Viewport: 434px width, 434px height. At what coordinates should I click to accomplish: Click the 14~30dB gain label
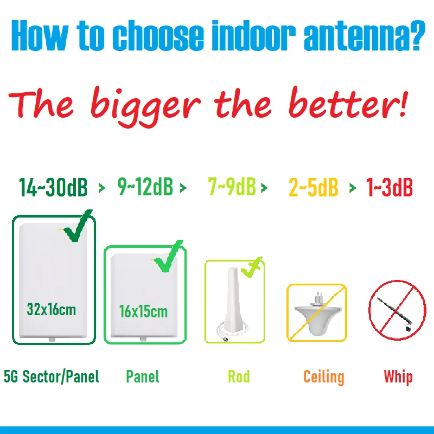53,187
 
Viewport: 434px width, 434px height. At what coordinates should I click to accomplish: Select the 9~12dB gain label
145,187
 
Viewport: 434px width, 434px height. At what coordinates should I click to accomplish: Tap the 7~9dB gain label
232,186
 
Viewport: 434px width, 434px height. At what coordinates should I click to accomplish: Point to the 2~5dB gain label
314,187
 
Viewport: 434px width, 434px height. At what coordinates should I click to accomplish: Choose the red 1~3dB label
389,187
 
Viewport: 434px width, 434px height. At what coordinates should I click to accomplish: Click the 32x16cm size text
51,309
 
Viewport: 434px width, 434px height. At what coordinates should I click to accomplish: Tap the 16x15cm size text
143,311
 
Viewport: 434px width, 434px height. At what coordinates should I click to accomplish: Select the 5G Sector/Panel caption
52,376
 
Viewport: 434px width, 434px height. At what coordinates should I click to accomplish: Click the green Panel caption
143,376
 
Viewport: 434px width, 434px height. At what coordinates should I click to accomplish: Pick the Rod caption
239,376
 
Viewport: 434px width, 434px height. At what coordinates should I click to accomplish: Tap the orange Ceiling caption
324,377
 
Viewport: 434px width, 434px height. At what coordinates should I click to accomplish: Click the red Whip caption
398,377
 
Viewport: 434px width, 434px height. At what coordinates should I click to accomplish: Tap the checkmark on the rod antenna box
252,267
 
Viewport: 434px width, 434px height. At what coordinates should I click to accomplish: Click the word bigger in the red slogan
146,106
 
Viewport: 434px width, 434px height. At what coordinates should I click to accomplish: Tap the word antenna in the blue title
365,35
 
